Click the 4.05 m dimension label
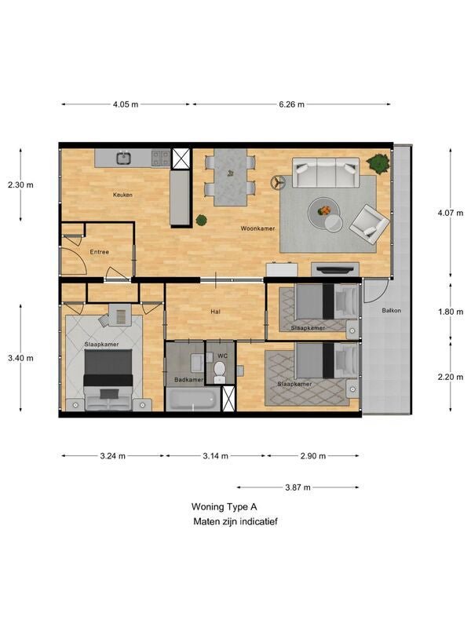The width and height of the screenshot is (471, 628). pyautogui.click(x=126, y=104)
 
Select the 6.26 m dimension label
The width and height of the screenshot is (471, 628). pyautogui.click(x=291, y=104)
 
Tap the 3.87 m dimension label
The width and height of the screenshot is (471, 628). pyautogui.click(x=298, y=487)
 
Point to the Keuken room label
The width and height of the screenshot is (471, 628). pyautogui.click(x=122, y=195)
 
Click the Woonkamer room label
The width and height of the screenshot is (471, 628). pyautogui.click(x=257, y=228)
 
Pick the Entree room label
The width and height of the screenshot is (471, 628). pyautogui.click(x=100, y=252)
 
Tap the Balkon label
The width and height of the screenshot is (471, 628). pyautogui.click(x=391, y=310)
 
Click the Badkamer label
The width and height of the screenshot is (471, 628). pyautogui.click(x=188, y=380)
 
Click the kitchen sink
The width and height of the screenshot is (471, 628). pyautogui.click(x=125, y=158)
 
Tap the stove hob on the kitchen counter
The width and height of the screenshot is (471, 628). pyautogui.click(x=160, y=158)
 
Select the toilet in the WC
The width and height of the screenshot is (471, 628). pyautogui.click(x=220, y=371)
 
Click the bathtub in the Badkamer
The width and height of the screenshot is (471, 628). pyautogui.click(x=192, y=399)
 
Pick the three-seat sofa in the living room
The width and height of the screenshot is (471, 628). pyautogui.click(x=326, y=172)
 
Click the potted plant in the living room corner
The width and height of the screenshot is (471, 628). pyautogui.click(x=378, y=163)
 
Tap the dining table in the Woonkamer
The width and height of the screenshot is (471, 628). pyautogui.click(x=230, y=177)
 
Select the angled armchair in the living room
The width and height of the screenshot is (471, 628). pyautogui.click(x=369, y=224)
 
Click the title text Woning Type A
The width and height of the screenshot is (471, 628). pyautogui.click(x=225, y=506)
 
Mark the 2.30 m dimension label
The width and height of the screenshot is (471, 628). pyautogui.click(x=20, y=184)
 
